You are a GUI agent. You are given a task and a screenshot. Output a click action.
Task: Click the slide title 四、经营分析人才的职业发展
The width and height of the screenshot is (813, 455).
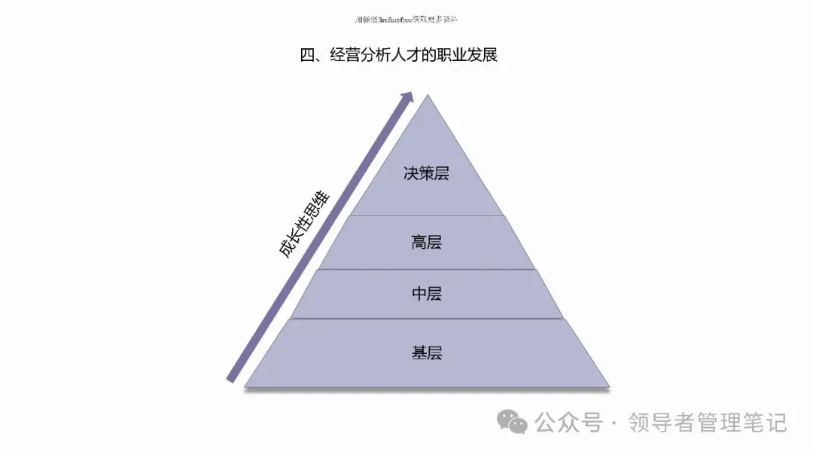(x=398, y=55)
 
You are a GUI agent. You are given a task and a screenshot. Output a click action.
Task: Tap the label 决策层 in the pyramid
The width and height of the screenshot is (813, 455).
(x=426, y=173)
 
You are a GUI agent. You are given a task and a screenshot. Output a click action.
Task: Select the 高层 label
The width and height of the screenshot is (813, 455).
(x=426, y=243)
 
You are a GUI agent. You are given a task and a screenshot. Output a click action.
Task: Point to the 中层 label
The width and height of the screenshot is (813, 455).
(x=426, y=294)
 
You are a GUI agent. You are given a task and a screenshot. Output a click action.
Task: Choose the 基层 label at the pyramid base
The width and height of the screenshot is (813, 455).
(x=426, y=353)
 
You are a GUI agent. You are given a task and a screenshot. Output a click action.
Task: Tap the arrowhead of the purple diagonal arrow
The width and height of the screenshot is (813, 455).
(x=409, y=97)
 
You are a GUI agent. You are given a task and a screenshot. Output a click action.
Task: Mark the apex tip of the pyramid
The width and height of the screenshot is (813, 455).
(x=428, y=96)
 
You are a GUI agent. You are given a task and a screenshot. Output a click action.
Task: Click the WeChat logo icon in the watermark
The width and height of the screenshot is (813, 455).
(x=515, y=422)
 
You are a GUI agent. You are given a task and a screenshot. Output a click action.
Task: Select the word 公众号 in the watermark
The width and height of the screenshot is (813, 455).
(x=568, y=423)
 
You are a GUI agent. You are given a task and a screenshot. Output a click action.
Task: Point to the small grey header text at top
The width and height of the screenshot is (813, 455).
(x=406, y=19)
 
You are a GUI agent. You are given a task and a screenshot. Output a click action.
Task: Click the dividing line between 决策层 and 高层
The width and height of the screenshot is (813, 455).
(x=427, y=215)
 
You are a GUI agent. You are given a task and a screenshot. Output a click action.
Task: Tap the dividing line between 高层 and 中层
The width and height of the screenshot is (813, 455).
(x=427, y=269)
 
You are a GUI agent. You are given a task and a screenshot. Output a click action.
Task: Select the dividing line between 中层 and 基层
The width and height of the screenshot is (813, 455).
(x=427, y=319)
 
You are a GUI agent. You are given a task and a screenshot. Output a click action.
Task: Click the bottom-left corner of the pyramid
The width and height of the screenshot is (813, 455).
(x=245, y=386)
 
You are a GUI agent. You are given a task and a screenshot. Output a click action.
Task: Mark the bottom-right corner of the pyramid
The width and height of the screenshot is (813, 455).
(x=609, y=386)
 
